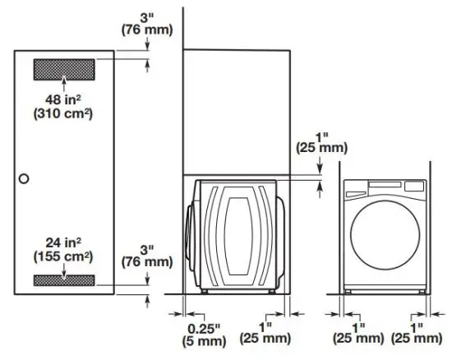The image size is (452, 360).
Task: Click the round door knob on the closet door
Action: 24,178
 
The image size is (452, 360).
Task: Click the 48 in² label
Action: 62,99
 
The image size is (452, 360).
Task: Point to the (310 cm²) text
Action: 62,113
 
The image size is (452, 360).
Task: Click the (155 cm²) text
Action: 62,256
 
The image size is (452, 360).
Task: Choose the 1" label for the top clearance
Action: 320,136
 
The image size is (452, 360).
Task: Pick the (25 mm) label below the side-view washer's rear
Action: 265,338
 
